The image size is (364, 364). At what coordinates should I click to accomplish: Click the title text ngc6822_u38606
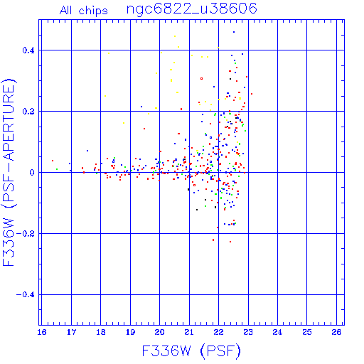point(192,9)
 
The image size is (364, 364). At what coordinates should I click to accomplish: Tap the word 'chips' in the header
point(93,11)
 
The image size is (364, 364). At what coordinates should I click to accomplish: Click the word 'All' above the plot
point(65,10)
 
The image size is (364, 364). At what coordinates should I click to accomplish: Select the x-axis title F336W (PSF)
point(191,350)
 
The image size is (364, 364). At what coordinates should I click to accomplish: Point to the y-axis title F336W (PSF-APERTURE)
point(9,173)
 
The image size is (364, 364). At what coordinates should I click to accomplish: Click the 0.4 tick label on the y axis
point(28,50)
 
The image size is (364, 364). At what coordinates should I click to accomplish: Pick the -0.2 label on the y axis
point(26,234)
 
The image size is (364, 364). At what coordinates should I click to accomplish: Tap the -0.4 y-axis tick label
point(26,295)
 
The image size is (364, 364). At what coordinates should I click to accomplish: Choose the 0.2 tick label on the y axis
point(28,112)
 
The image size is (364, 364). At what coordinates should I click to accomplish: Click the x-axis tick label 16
point(42,332)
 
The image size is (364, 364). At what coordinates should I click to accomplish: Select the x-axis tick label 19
point(130,332)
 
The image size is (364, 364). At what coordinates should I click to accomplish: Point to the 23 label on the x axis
point(248,332)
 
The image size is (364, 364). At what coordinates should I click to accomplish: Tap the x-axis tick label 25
point(307,332)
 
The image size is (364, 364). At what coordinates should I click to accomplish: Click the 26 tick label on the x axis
point(336,332)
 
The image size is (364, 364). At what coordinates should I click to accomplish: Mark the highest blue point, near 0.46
point(234,32)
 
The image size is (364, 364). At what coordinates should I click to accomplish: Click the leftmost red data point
point(53,161)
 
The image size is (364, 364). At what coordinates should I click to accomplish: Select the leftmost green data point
point(57,169)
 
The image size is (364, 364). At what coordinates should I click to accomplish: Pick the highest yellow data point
point(175,36)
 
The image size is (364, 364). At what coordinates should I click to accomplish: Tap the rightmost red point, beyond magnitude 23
point(252,94)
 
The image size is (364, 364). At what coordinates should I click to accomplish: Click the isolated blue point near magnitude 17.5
point(87,151)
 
